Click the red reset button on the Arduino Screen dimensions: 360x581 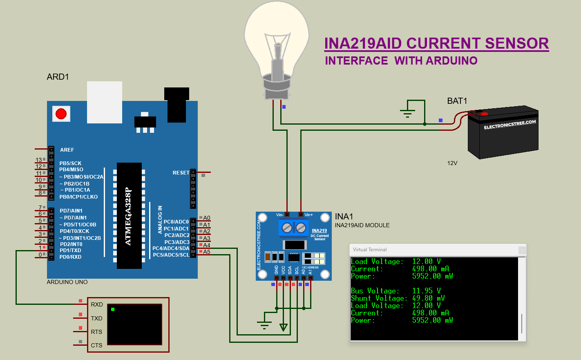tap(61, 114)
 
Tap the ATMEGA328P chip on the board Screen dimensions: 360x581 tap(129, 216)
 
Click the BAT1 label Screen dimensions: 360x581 tap(457, 101)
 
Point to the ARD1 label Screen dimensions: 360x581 tap(58, 77)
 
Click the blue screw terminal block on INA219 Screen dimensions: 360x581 tap(294, 228)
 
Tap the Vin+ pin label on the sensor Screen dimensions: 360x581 tap(308, 215)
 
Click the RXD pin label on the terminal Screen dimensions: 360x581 tap(97, 304)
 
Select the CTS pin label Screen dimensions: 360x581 tap(97, 345)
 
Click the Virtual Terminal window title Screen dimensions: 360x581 tap(370, 250)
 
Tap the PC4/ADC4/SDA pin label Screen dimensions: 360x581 tap(171, 248)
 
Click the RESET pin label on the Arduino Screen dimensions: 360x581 tap(181, 173)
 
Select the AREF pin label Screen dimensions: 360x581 tap(67, 150)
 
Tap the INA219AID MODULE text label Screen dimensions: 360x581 tap(362, 225)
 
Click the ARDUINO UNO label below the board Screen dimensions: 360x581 tap(67, 282)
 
